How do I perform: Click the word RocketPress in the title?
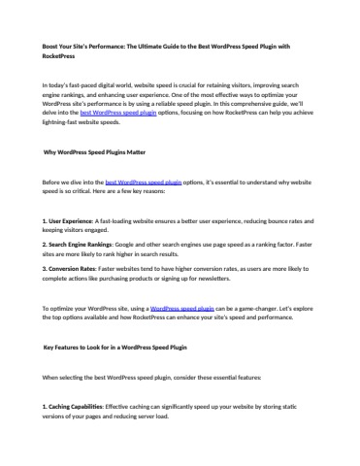[60, 57]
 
